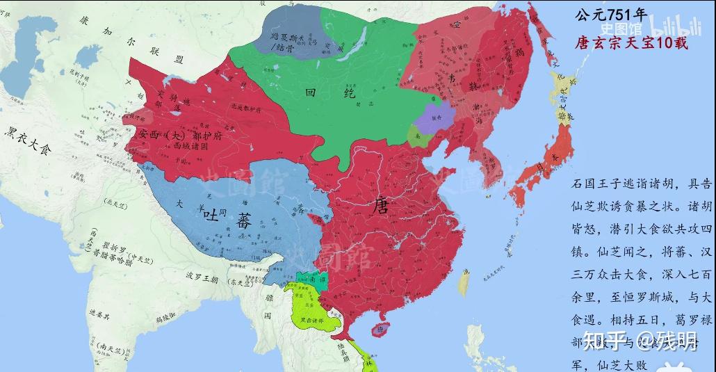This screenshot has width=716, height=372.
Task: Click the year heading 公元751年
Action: point(611,15)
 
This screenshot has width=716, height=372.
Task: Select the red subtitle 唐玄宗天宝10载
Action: point(631,43)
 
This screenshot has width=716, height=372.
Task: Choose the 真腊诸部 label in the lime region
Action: point(316,321)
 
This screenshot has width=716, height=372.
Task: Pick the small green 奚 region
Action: point(415,136)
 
